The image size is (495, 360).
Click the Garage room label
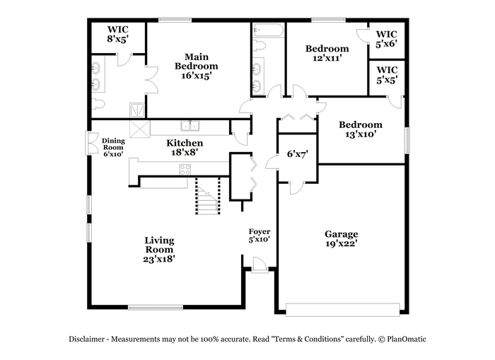pos(342,239)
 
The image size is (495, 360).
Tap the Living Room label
pos(159,250)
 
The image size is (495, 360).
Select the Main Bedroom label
pos(197,66)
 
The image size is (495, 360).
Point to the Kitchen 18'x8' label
pos(185,148)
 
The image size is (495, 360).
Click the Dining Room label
pos(113,148)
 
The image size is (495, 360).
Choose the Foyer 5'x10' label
pos(260,236)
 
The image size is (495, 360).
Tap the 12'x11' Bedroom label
pos(327,53)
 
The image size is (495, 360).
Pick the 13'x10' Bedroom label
pos(361,129)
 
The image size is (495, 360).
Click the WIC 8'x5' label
pos(118,35)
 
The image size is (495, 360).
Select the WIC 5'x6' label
pos(386,39)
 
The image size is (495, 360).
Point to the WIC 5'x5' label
pos(387,75)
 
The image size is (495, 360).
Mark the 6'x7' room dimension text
pos(298,154)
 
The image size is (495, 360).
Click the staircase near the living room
pos(208,197)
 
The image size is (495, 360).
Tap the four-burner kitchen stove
pos(185,169)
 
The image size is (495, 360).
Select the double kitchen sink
pos(190,125)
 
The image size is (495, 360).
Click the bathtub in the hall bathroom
pos(268,30)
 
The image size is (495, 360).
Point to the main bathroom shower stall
pos(137,110)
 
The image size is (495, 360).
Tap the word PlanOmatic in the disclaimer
pos(407,339)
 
